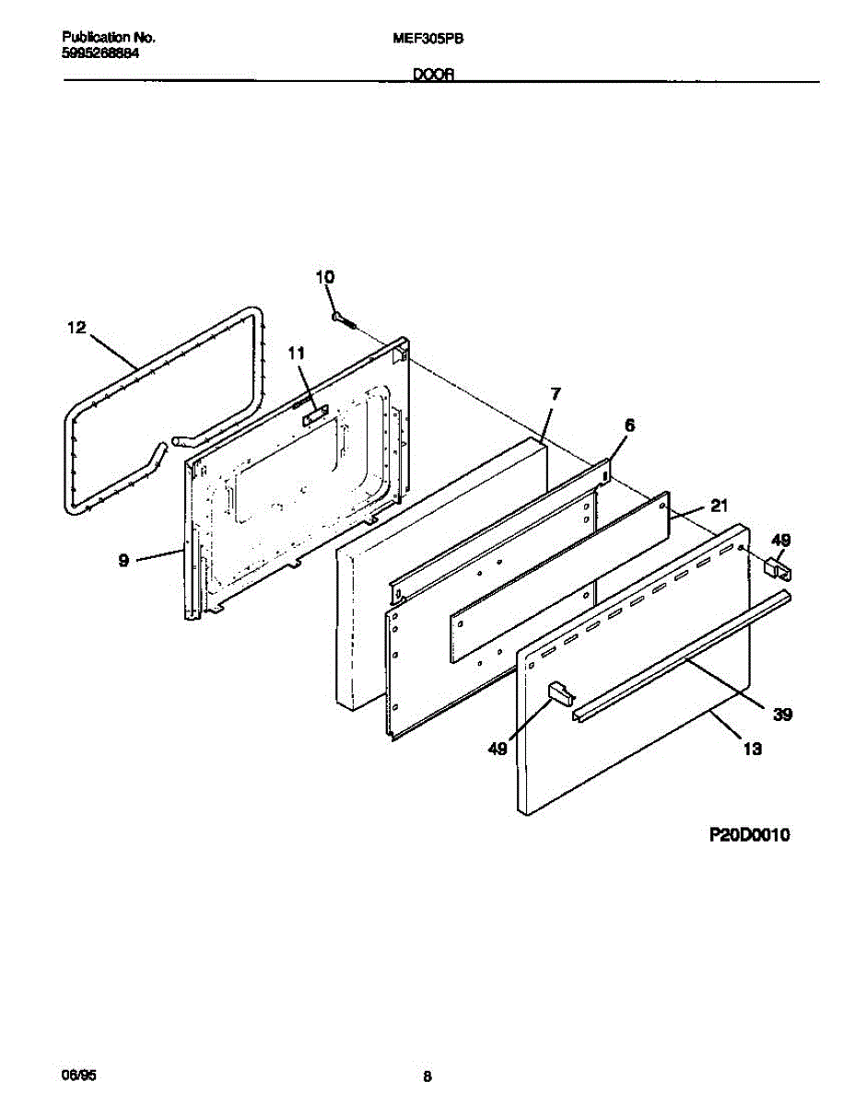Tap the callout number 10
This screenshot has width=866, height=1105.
coord(325,277)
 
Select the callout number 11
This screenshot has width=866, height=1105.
coord(295,353)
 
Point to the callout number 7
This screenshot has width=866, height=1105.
coord(555,394)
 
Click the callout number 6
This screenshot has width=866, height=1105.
coord(629,425)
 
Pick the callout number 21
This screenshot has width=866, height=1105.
coord(719,506)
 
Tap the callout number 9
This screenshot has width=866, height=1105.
coord(123,560)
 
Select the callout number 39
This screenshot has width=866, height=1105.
coord(782,714)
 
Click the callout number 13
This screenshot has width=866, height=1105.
coord(752,750)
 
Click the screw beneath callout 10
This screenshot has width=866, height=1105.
coord(344,319)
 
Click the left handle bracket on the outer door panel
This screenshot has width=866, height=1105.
coord(558,692)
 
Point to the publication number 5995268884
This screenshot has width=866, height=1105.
coord(100,53)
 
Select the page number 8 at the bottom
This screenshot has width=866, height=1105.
coord(427,1076)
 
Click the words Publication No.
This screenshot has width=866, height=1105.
coord(108,38)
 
